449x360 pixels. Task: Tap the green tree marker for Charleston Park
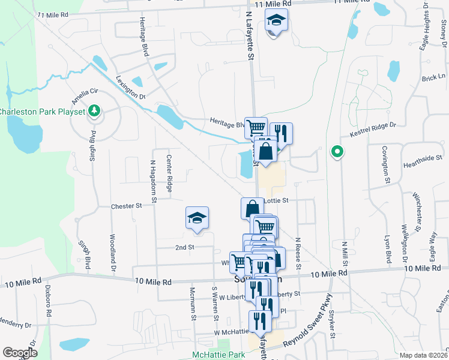click(x=94, y=110)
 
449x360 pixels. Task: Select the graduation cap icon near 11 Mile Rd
click(x=276, y=22)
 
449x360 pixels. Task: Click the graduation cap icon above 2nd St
click(x=197, y=220)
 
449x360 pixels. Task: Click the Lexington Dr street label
click(x=131, y=88)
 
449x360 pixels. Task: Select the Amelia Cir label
click(x=85, y=94)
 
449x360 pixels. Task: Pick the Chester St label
click(x=126, y=206)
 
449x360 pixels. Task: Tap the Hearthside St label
click(x=422, y=158)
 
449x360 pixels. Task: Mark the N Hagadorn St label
click(x=153, y=180)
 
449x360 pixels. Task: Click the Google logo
click(x=20, y=353)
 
